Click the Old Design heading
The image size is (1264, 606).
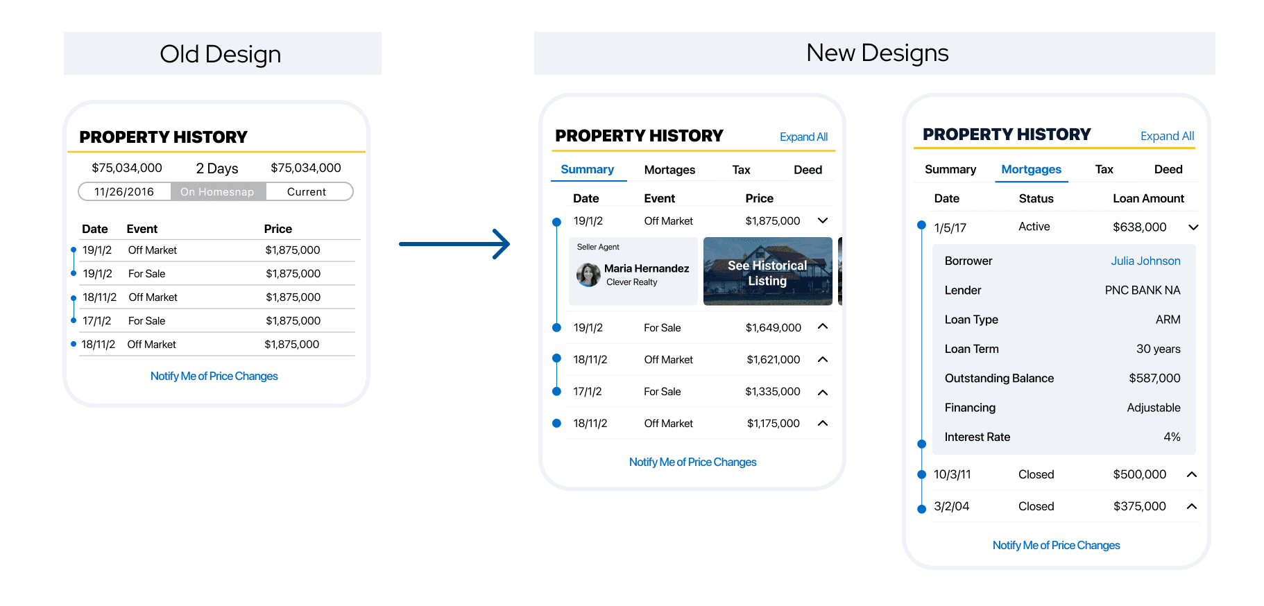point(221,54)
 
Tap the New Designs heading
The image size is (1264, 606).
point(878,53)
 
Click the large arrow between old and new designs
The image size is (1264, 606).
point(454,244)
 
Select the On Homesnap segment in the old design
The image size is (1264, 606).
point(218,192)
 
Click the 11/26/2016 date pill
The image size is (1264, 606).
point(124,192)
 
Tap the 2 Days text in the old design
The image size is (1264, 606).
point(217,168)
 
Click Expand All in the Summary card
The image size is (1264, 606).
point(803,137)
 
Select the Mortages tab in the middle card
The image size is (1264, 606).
point(669,170)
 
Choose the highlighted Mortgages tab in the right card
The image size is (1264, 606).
point(1031,169)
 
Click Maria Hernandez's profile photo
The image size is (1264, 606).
point(588,275)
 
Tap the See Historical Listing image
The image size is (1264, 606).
point(767,271)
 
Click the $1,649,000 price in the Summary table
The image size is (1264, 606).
point(773,328)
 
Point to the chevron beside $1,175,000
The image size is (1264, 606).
point(823,424)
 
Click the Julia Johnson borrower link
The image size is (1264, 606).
point(1145,261)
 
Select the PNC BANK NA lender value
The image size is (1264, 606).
point(1143,291)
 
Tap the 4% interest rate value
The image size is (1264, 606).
point(1172,437)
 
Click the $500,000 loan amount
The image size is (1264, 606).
point(1139,474)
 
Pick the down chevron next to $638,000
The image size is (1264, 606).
point(1193,227)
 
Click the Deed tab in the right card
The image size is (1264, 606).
point(1168,169)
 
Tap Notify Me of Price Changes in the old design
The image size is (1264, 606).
point(214,376)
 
